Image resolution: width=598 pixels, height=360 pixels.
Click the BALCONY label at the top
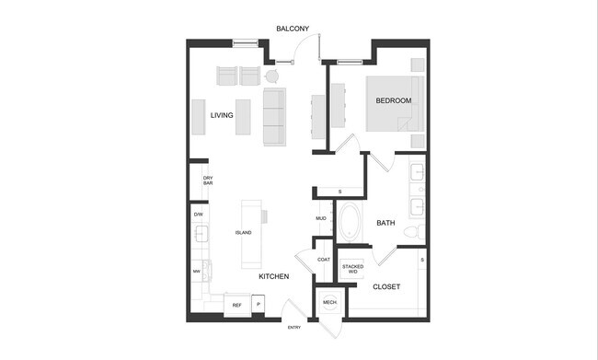pos(293,29)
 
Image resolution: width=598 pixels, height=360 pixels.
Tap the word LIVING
pos(221,115)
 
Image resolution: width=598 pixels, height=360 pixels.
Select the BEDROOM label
pos(393,100)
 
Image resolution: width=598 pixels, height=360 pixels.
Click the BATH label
pos(385,222)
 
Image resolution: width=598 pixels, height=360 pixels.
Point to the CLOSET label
pos(385,286)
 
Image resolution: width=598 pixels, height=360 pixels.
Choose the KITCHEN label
pos(273,276)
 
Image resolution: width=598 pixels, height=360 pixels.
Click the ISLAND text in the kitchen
pos(243,232)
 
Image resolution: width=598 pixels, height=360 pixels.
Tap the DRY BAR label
pos(208,180)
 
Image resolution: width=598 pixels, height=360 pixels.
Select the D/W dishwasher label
pos(198,215)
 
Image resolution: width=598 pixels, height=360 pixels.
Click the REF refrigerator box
pos(236,305)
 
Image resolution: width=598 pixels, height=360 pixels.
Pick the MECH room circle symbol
pos(328,301)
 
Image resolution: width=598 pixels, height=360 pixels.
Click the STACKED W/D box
pos(352,268)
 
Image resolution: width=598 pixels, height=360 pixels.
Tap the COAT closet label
pos(323,260)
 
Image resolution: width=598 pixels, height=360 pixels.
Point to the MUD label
pos(321,218)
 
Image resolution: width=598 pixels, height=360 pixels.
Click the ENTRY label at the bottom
pos(293,328)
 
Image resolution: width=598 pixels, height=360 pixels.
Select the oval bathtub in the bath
pos(351,222)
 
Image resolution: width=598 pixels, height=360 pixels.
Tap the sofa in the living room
pos(274,117)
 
